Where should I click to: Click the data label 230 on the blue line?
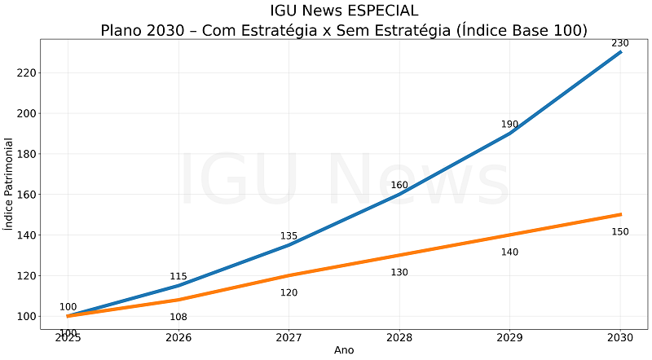point(620,43)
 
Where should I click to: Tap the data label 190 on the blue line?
point(509,125)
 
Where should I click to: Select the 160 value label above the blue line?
point(399,185)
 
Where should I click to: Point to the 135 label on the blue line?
point(289,236)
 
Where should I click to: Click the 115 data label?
point(178,277)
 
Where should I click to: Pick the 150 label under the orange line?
point(620,232)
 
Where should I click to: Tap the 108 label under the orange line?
point(178,317)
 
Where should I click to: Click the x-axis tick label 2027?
point(289,337)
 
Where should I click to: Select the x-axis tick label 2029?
point(509,337)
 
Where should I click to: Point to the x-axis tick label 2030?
point(620,337)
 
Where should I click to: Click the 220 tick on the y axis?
point(26,72)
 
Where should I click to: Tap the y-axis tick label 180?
point(26,154)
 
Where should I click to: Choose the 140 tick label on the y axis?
point(26,235)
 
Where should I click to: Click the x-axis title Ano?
point(344,350)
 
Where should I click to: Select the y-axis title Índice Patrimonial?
point(9,184)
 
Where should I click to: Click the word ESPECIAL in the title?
point(380,11)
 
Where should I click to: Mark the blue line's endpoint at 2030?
point(620,52)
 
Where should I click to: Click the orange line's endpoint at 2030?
point(620,214)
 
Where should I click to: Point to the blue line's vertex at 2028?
point(399,194)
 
